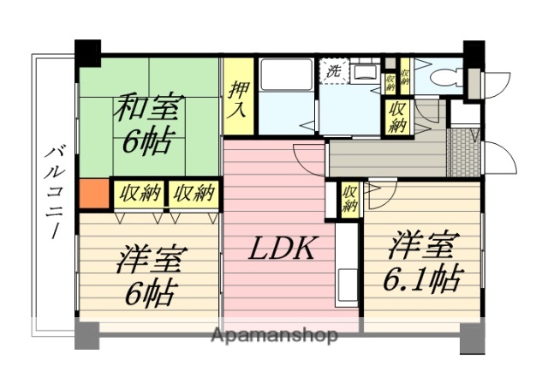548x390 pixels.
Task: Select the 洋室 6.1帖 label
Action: point(423,262)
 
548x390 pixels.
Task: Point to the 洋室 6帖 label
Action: point(147,276)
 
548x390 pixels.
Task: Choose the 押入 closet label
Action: point(239,95)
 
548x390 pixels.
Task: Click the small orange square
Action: point(94,194)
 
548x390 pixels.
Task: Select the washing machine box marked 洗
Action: point(332,71)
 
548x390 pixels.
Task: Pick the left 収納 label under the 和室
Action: point(139,193)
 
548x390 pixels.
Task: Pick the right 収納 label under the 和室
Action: point(193,193)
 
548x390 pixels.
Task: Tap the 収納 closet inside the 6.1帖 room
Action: point(349,199)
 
